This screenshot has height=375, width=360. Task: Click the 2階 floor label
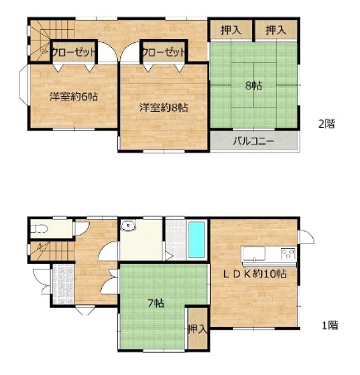(327, 124)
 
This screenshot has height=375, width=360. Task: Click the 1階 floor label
(330, 325)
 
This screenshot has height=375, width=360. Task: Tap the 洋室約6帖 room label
(74, 97)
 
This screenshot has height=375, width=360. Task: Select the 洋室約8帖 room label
(163, 107)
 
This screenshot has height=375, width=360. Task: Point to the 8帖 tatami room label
(254, 85)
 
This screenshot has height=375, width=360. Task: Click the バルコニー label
(253, 142)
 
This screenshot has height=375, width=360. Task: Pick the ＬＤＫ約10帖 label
(255, 274)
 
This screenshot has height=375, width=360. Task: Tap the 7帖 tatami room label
(156, 304)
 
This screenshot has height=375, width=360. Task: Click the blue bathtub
(197, 240)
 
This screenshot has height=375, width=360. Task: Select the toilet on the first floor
(38, 229)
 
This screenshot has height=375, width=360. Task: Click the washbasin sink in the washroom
(129, 226)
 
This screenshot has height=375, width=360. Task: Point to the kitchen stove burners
(289, 254)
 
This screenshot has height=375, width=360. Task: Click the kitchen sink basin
(254, 253)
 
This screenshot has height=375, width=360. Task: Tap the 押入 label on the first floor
(197, 329)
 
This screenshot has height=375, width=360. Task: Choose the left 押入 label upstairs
(231, 30)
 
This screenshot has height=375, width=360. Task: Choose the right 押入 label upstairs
(276, 30)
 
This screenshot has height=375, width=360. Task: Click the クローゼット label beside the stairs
(74, 52)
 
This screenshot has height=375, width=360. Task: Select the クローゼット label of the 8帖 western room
(163, 52)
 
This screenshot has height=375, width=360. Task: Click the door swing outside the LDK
(307, 236)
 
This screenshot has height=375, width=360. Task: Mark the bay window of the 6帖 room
(23, 85)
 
